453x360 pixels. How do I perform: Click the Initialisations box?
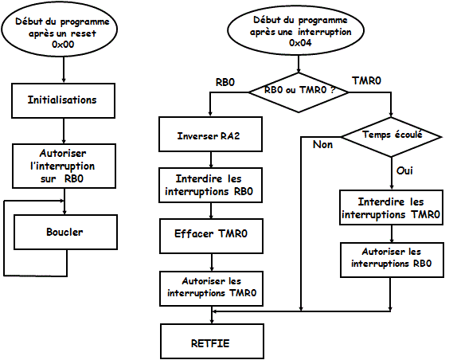pos(63,100)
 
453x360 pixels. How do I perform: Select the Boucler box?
pos(65,232)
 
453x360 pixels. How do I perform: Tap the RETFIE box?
pos(212,341)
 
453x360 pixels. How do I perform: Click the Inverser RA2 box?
pos(211,134)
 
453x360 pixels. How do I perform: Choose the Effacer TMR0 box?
pos(212,236)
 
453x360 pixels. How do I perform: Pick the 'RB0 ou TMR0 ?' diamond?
pos(299,92)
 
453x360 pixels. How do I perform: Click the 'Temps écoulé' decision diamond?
pos(392,137)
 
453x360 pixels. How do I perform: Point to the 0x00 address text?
pos(63,45)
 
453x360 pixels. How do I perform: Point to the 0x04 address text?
pos(300,43)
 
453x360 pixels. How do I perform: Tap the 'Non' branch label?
pos(322,144)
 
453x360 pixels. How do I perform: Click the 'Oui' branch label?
pos(404,170)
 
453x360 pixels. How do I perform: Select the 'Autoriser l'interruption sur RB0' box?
pos(64,166)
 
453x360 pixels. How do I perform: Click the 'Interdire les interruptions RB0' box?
pos(211,185)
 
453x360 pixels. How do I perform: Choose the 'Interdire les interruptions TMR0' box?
pos(391,207)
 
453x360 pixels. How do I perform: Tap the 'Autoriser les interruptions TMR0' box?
pos(212,288)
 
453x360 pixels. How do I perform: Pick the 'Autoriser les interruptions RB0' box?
pos(392,260)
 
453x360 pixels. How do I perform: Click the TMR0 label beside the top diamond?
pos(366,80)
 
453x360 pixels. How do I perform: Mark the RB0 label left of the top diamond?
pos(225,82)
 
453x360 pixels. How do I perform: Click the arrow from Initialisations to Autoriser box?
pos(64,131)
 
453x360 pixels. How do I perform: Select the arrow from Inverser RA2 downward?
pos(211,160)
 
